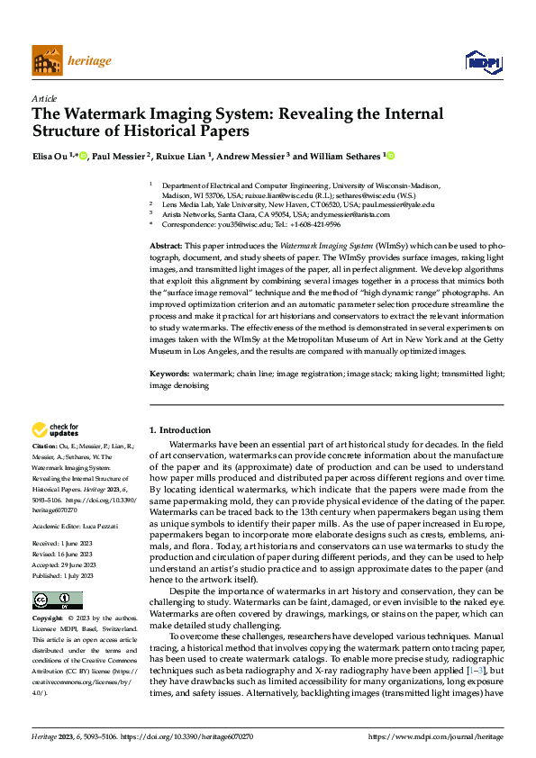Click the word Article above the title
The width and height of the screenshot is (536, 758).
click(x=44, y=98)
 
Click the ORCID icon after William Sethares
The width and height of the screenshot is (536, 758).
click(x=391, y=156)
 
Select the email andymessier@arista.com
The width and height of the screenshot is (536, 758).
click(x=346, y=214)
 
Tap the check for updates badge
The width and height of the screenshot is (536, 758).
click(x=55, y=430)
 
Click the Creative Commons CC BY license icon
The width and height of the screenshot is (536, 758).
click(x=58, y=601)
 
